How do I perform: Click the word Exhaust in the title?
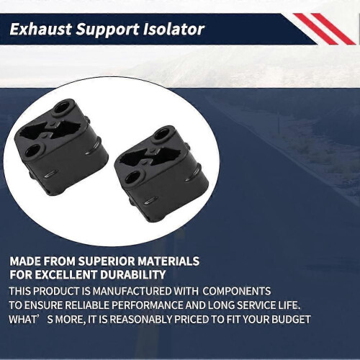40,30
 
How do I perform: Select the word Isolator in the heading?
174,30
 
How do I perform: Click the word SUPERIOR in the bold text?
107,261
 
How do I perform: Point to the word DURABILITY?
133,275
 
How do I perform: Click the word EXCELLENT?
66,275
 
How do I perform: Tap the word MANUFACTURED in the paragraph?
132,291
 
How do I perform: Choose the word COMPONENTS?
237,291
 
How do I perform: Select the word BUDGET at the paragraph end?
291,320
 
